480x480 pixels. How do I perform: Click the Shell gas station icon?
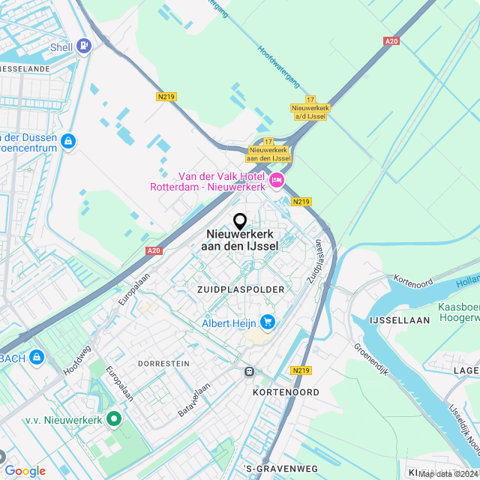[x=84, y=47]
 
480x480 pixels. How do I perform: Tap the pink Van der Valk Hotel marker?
[x=277, y=181]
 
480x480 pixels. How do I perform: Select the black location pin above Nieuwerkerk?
[x=240, y=221]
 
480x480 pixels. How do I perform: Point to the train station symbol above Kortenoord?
[x=248, y=370]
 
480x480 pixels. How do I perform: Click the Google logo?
[x=25, y=470]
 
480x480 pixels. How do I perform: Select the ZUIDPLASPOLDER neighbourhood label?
[x=241, y=289]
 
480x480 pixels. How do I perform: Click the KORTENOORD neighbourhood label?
[x=286, y=392]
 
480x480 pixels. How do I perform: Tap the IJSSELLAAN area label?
[x=400, y=319]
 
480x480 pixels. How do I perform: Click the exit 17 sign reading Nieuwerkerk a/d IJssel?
[x=310, y=108]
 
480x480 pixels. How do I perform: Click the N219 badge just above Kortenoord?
[x=301, y=370]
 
